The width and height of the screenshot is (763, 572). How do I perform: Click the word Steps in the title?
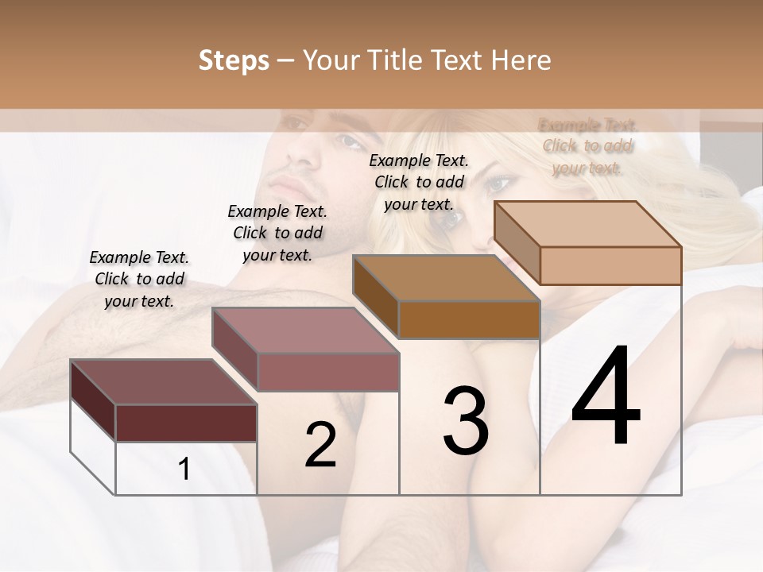(234, 60)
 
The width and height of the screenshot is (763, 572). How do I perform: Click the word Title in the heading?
(394, 60)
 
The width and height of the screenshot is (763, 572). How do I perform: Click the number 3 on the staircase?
(466, 421)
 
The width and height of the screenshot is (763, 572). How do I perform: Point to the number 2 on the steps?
(320, 445)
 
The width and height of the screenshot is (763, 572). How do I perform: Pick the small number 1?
(184, 470)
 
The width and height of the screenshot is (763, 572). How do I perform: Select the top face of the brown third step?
(446, 278)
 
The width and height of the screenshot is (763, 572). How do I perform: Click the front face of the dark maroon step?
(186, 423)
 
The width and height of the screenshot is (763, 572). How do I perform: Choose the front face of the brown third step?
(469, 320)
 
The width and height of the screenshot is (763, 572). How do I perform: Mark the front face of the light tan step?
(610, 265)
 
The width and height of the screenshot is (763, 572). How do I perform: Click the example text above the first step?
(139, 279)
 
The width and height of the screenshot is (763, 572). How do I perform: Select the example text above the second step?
(277, 233)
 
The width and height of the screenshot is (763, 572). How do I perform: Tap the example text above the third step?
(419, 182)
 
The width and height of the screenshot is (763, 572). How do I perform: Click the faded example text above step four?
(587, 146)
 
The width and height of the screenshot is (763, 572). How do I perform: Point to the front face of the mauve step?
(327, 372)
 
